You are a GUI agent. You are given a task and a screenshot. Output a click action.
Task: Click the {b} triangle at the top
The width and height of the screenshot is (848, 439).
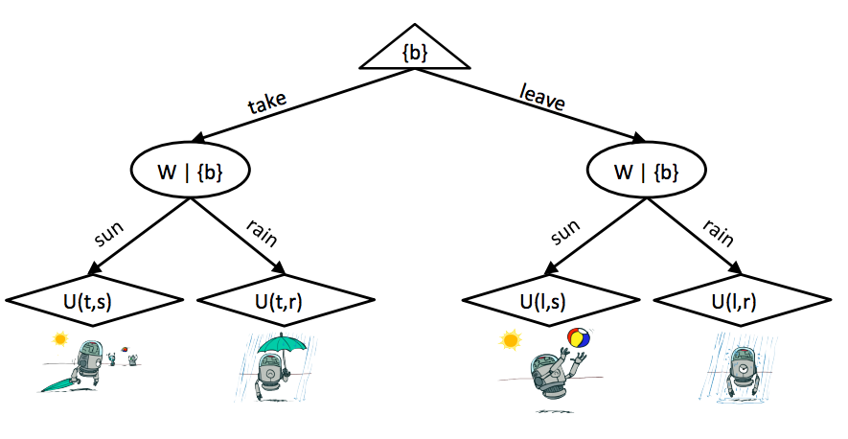click(x=416, y=52)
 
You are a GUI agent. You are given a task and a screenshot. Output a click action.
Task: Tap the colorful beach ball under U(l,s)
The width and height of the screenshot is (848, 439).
click(x=579, y=338)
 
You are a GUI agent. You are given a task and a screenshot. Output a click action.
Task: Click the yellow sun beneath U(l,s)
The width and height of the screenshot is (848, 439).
click(x=510, y=339)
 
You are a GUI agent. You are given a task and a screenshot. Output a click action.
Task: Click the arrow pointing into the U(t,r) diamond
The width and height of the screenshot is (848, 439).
click(x=277, y=267)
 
